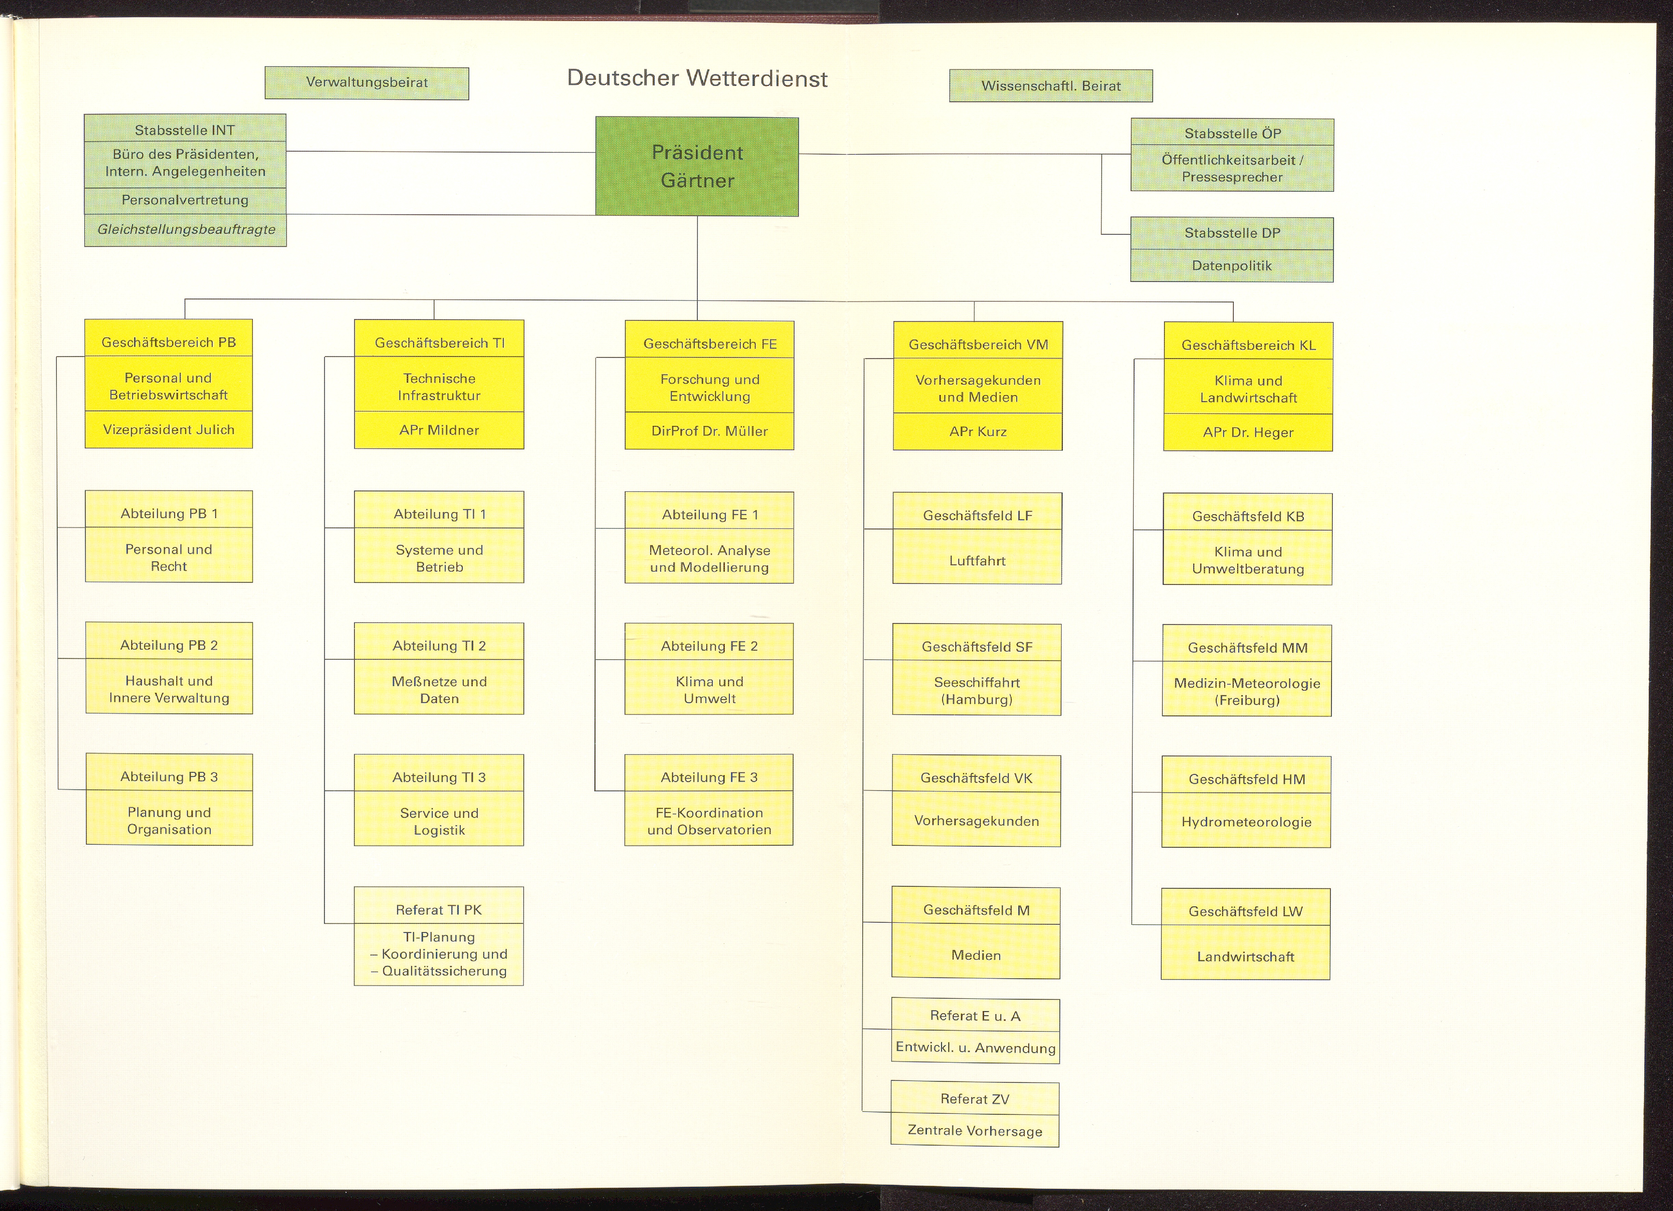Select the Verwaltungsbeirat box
(367, 82)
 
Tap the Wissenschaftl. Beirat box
(1050, 86)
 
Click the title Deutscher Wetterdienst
(697, 78)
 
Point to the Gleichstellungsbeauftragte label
(186, 230)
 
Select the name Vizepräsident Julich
(169, 430)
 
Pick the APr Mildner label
(439, 430)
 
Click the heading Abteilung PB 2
(169, 645)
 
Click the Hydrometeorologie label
(1246, 822)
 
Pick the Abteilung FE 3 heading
(709, 777)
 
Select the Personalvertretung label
(185, 200)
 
